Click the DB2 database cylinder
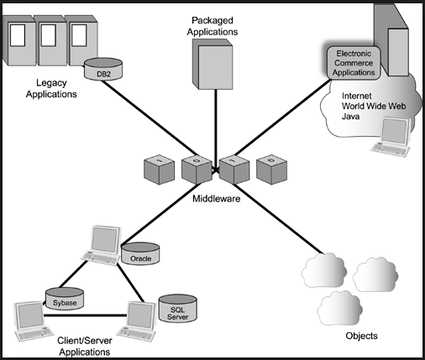(x=103, y=69)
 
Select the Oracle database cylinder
(x=140, y=253)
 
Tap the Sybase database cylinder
(x=65, y=299)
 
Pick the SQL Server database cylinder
(x=178, y=308)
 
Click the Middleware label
(x=217, y=199)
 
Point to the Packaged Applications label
(x=212, y=26)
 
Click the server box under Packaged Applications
(x=212, y=64)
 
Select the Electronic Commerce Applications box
(x=354, y=63)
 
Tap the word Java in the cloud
(x=350, y=117)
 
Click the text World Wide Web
(x=374, y=106)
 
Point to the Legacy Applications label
(x=51, y=88)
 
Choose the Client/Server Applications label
(x=85, y=347)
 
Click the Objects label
(x=361, y=336)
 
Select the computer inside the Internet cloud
(x=391, y=137)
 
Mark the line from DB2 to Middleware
(x=149, y=118)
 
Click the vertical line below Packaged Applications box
(x=216, y=128)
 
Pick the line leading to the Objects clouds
(x=278, y=219)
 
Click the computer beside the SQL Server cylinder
(x=138, y=321)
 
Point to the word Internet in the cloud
(x=357, y=96)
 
